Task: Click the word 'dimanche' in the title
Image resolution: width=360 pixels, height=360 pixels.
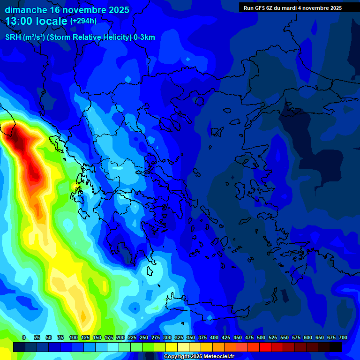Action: [x=26, y=10]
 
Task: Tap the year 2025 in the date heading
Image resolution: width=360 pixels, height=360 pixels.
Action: [x=115, y=10]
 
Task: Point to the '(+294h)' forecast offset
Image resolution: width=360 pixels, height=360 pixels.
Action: [x=83, y=21]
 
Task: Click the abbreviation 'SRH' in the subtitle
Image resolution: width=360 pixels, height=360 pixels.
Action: [x=13, y=37]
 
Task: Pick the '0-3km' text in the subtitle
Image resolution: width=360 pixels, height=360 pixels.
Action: [x=144, y=37]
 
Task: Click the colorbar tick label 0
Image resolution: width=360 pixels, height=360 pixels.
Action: [x=24, y=337]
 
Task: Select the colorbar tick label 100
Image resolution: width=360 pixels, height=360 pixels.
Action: [x=73, y=337]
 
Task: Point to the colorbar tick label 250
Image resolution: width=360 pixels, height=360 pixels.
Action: [x=143, y=337]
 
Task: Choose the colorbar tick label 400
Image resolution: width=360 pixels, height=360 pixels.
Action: [x=214, y=337]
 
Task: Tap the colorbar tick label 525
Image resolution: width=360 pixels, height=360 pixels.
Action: [x=272, y=337]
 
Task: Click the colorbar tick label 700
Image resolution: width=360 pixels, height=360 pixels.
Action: [x=343, y=337]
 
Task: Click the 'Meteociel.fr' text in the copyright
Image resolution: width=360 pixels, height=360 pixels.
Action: [x=218, y=357]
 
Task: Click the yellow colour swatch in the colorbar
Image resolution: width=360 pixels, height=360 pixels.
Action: [x=172, y=347]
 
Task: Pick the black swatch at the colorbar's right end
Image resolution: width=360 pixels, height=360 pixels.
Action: [x=336, y=347]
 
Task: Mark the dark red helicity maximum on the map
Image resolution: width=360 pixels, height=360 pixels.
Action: [x=19, y=138]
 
